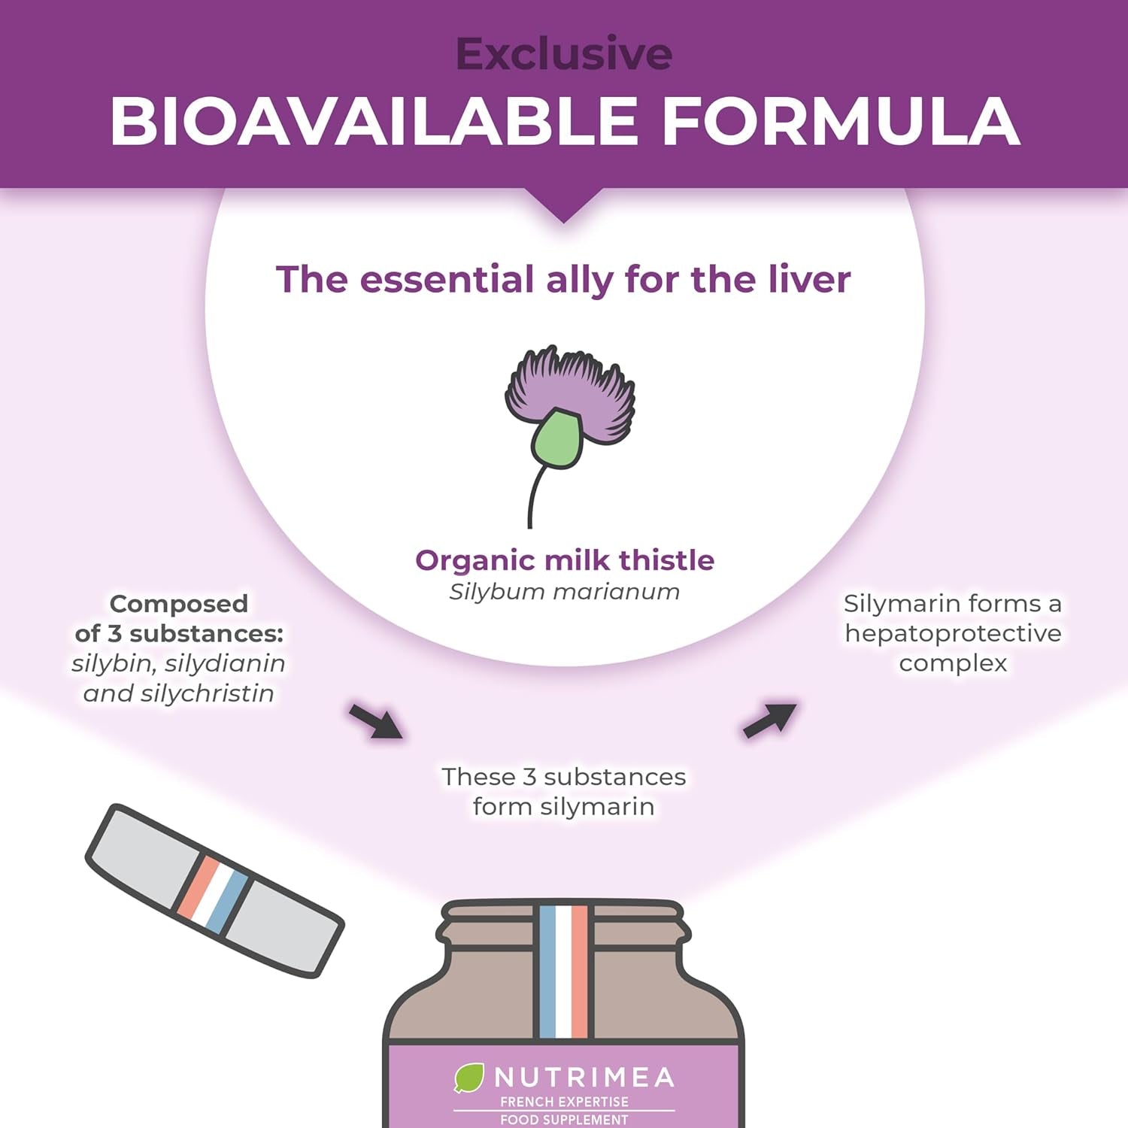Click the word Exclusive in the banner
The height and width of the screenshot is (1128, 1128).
click(563, 54)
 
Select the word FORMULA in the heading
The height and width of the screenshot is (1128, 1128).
click(840, 122)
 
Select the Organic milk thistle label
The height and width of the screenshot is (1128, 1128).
click(564, 560)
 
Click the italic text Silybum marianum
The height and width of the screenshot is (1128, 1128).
click(564, 592)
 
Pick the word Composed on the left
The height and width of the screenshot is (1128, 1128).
click(178, 604)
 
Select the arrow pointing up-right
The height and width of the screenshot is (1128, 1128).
click(769, 720)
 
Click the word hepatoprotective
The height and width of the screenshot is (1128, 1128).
click(953, 633)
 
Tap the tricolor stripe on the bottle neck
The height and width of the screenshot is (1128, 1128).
click(564, 970)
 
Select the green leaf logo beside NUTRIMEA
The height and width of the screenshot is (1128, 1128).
click(468, 1078)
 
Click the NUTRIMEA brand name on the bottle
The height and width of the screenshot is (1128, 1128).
click(584, 1078)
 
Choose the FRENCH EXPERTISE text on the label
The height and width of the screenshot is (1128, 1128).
click(564, 1102)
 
